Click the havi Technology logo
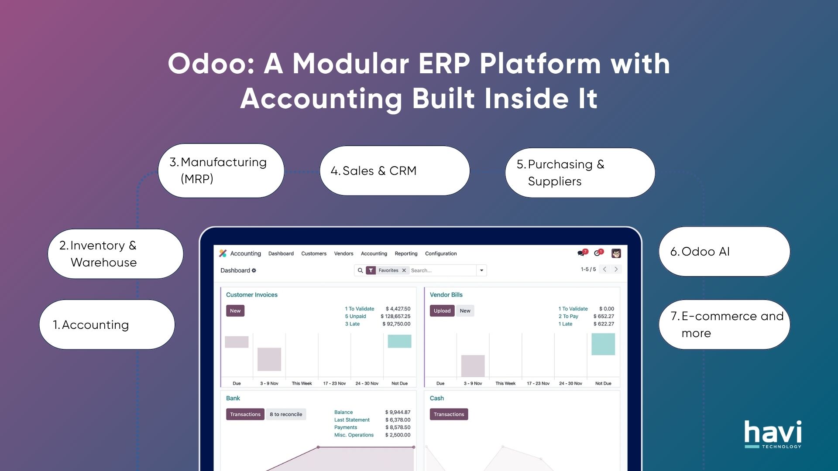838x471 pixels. pyautogui.click(x=773, y=434)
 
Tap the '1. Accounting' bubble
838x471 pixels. pyautogui.click(x=107, y=324)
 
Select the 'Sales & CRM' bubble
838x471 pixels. pyautogui.click(x=395, y=171)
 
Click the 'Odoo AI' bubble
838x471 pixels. pyautogui.click(x=724, y=252)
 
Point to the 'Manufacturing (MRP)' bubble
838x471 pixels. pyautogui.click(x=221, y=171)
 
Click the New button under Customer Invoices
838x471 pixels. pyautogui.click(x=235, y=311)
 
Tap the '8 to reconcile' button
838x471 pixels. pyautogui.click(x=286, y=414)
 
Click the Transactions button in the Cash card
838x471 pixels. pyautogui.click(x=449, y=414)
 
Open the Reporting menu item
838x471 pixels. pyautogui.click(x=406, y=253)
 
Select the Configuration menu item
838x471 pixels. pyautogui.click(x=441, y=253)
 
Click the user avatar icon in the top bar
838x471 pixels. pyautogui.click(x=616, y=253)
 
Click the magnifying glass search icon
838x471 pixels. pyautogui.click(x=361, y=270)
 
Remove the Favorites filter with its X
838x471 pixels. pyautogui.click(x=404, y=270)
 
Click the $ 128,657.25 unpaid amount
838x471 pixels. pyautogui.click(x=395, y=316)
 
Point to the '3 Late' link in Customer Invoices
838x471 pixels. pyautogui.click(x=352, y=324)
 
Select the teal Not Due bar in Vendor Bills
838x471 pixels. pyautogui.click(x=603, y=344)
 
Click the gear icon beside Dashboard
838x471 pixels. pyautogui.click(x=254, y=270)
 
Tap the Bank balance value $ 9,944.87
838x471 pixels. pyautogui.click(x=398, y=412)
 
